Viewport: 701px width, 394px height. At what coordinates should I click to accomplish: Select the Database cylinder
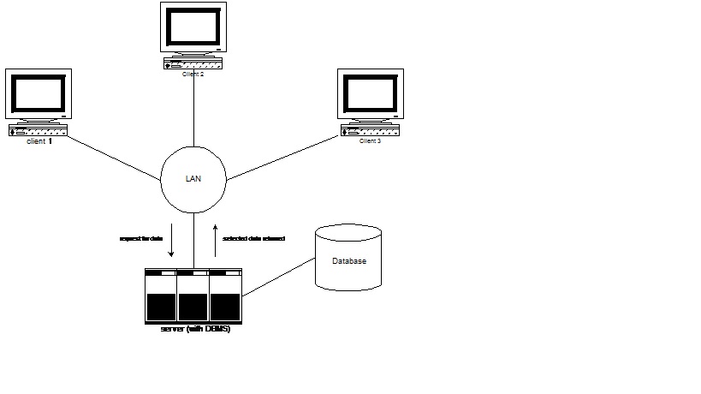[348, 258]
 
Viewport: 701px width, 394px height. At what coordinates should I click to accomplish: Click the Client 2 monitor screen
[193, 27]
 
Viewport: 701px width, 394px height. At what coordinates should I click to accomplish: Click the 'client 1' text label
[39, 140]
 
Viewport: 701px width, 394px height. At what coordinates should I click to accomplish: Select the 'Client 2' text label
[193, 75]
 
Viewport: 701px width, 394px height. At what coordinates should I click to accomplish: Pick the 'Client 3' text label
[370, 140]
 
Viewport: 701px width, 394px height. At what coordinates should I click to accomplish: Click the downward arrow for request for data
[171, 242]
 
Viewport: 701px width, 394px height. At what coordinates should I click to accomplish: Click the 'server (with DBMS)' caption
[195, 329]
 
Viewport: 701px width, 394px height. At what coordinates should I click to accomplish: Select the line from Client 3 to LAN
[282, 157]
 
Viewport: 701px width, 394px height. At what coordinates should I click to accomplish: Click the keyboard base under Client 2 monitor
[193, 64]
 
